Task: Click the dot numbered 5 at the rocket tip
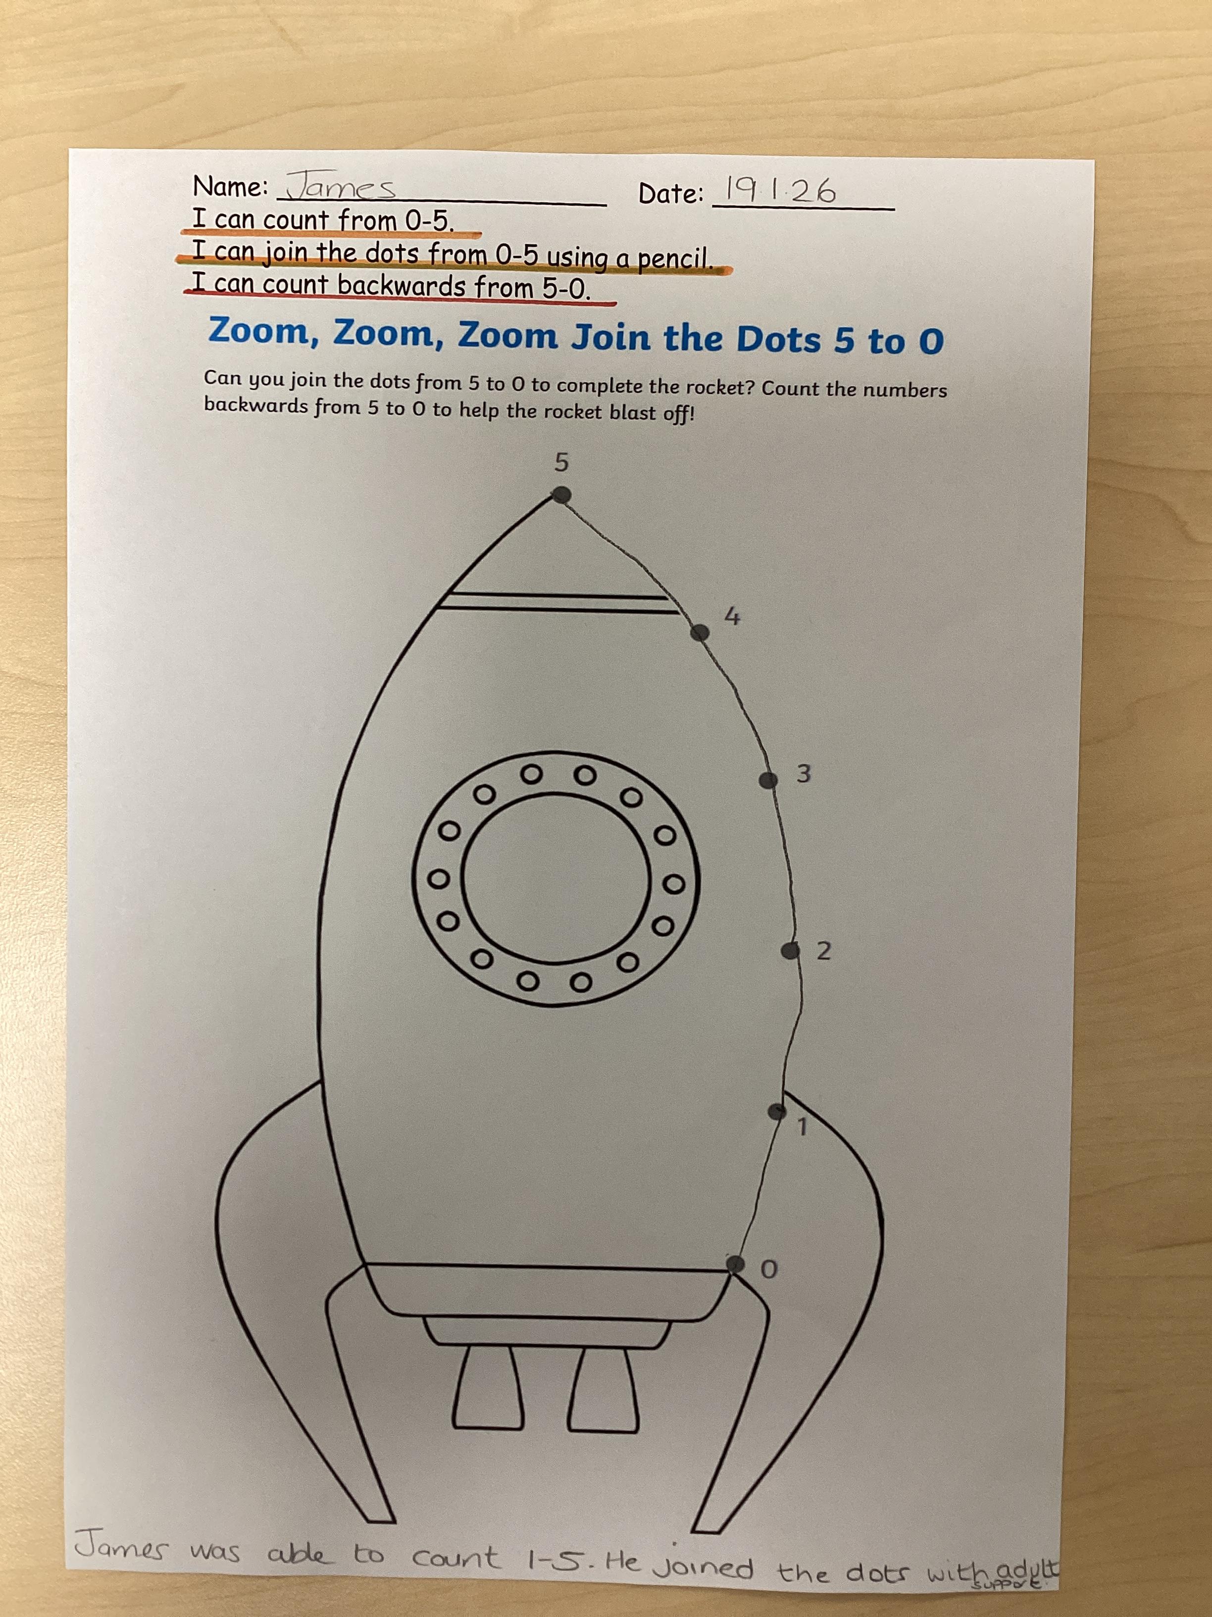[560, 495]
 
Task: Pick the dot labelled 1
[777, 1112]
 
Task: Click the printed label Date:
[671, 194]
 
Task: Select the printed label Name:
[231, 187]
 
